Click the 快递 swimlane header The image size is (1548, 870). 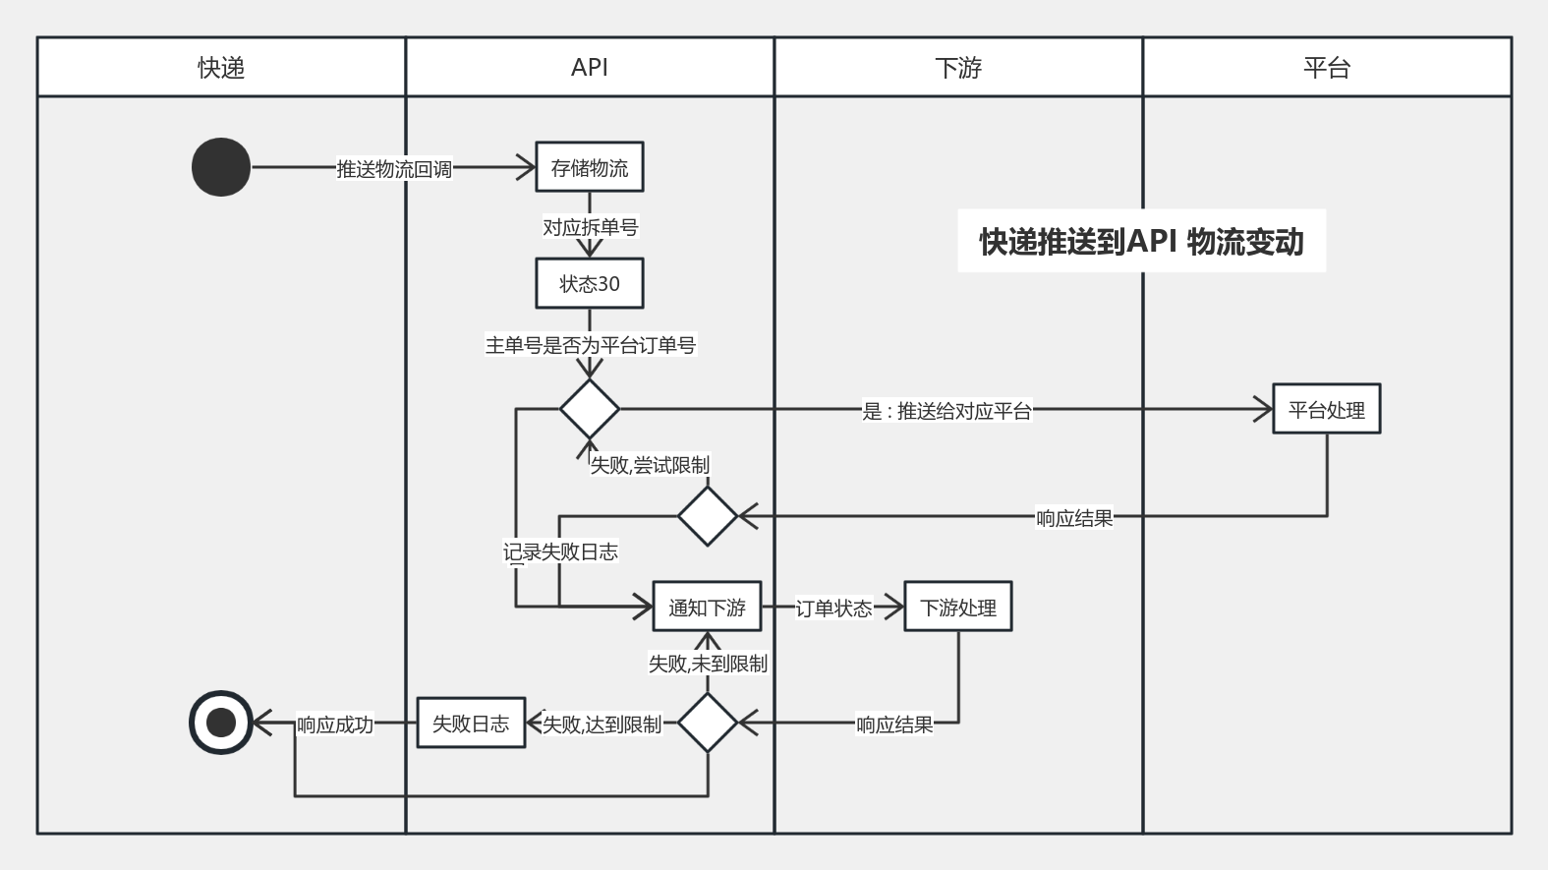(221, 68)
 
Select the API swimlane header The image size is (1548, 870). (590, 68)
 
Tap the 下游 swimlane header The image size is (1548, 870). (958, 68)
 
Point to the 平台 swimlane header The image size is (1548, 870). (1327, 68)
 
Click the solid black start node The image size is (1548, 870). (221, 167)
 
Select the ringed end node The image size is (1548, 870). (221, 723)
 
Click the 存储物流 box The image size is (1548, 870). (590, 167)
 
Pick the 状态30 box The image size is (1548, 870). (590, 284)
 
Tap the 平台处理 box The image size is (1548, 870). (1326, 409)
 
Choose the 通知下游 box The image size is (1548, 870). (707, 607)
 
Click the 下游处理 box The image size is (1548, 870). (958, 607)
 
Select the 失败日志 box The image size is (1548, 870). (471, 724)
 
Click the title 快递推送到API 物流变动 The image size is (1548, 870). (1141, 241)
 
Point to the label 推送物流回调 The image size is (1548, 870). (394, 169)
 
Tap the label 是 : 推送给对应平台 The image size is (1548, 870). (946, 411)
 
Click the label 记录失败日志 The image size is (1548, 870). (560, 551)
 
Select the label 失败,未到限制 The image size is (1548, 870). (708, 664)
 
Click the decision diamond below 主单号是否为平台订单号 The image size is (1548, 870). (590, 409)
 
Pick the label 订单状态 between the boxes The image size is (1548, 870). (833, 609)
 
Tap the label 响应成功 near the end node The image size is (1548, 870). (335, 725)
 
